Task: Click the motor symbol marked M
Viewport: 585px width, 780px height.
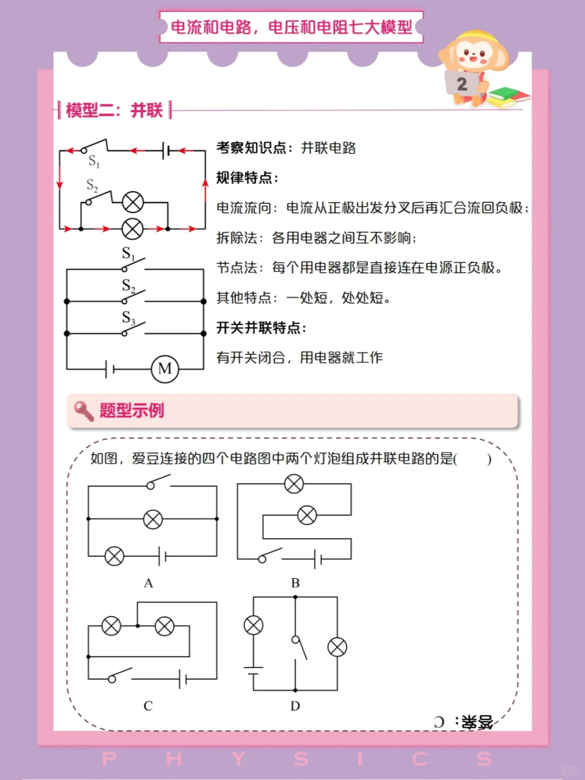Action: click(x=165, y=369)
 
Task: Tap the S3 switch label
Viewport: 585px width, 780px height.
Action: click(x=128, y=317)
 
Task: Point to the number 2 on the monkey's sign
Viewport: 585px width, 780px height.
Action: click(x=461, y=84)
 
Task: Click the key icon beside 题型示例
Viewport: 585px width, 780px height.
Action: click(x=83, y=411)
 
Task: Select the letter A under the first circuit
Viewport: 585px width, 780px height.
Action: click(x=148, y=583)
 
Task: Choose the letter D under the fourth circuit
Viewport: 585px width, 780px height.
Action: click(x=295, y=706)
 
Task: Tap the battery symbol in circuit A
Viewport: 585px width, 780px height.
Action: click(x=162, y=556)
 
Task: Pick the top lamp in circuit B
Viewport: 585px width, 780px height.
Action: click(x=294, y=484)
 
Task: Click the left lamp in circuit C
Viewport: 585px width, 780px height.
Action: click(x=112, y=626)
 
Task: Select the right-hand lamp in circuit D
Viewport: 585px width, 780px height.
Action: click(x=337, y=647)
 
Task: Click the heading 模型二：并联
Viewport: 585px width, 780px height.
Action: click(x=114, y=110)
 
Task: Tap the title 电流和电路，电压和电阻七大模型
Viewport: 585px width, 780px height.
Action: click(x=291, y=27)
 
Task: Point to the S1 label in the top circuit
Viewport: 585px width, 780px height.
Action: click(x=94, y=161)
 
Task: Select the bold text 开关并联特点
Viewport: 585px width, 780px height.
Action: click(x=261, y=328)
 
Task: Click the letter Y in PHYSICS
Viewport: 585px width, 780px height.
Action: click(x=238, y=759)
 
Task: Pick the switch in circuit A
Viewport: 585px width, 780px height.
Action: click(x=158, y=482)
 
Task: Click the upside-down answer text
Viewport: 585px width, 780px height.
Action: click(x=464, y=721)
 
